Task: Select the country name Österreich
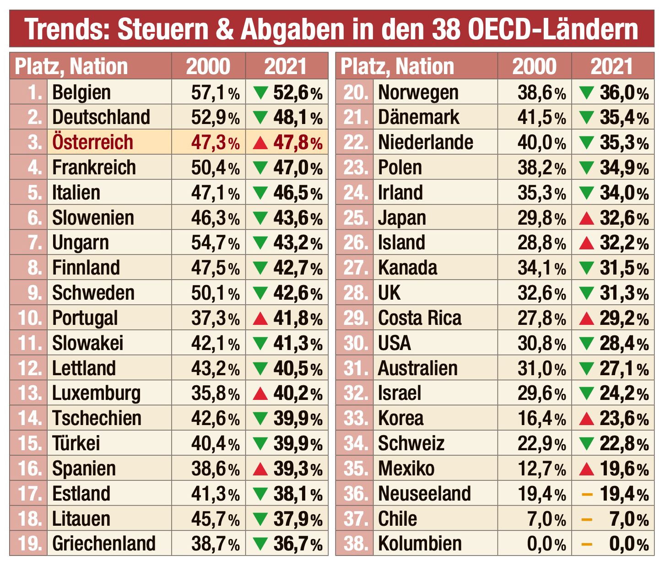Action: tap(92, 142)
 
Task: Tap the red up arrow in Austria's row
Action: tap(260, 143)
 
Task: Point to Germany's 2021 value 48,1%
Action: tap(297, 118)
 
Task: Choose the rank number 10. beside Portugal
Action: tap(30, 318)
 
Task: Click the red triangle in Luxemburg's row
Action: tap(260, 394)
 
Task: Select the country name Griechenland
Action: tap(104, 544)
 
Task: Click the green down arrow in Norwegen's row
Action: tap(586, 93)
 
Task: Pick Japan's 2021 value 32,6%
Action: tap(624, 218)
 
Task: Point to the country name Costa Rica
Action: tap(419, 318)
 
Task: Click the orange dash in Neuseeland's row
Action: tap(587, 494)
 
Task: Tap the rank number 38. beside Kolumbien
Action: tap(356, 544)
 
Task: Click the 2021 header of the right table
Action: tap(612, 66)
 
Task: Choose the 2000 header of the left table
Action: tap(208, 66)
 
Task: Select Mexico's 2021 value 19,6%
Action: tap(624, 469)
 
